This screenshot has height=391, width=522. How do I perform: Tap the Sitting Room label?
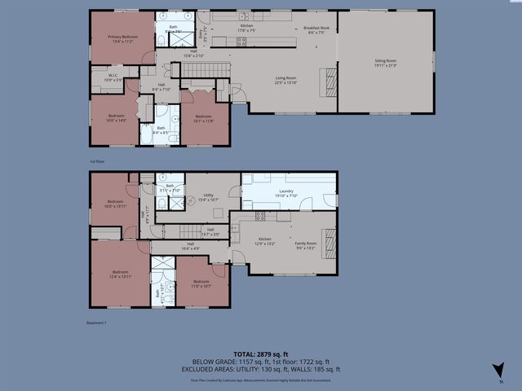[386, 63]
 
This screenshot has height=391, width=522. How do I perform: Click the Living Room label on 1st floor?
[285, 80]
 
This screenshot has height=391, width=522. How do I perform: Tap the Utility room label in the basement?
[209, 197]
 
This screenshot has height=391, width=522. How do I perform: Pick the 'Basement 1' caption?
[96, 323]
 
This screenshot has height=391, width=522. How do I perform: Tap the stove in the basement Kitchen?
[261, 217]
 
